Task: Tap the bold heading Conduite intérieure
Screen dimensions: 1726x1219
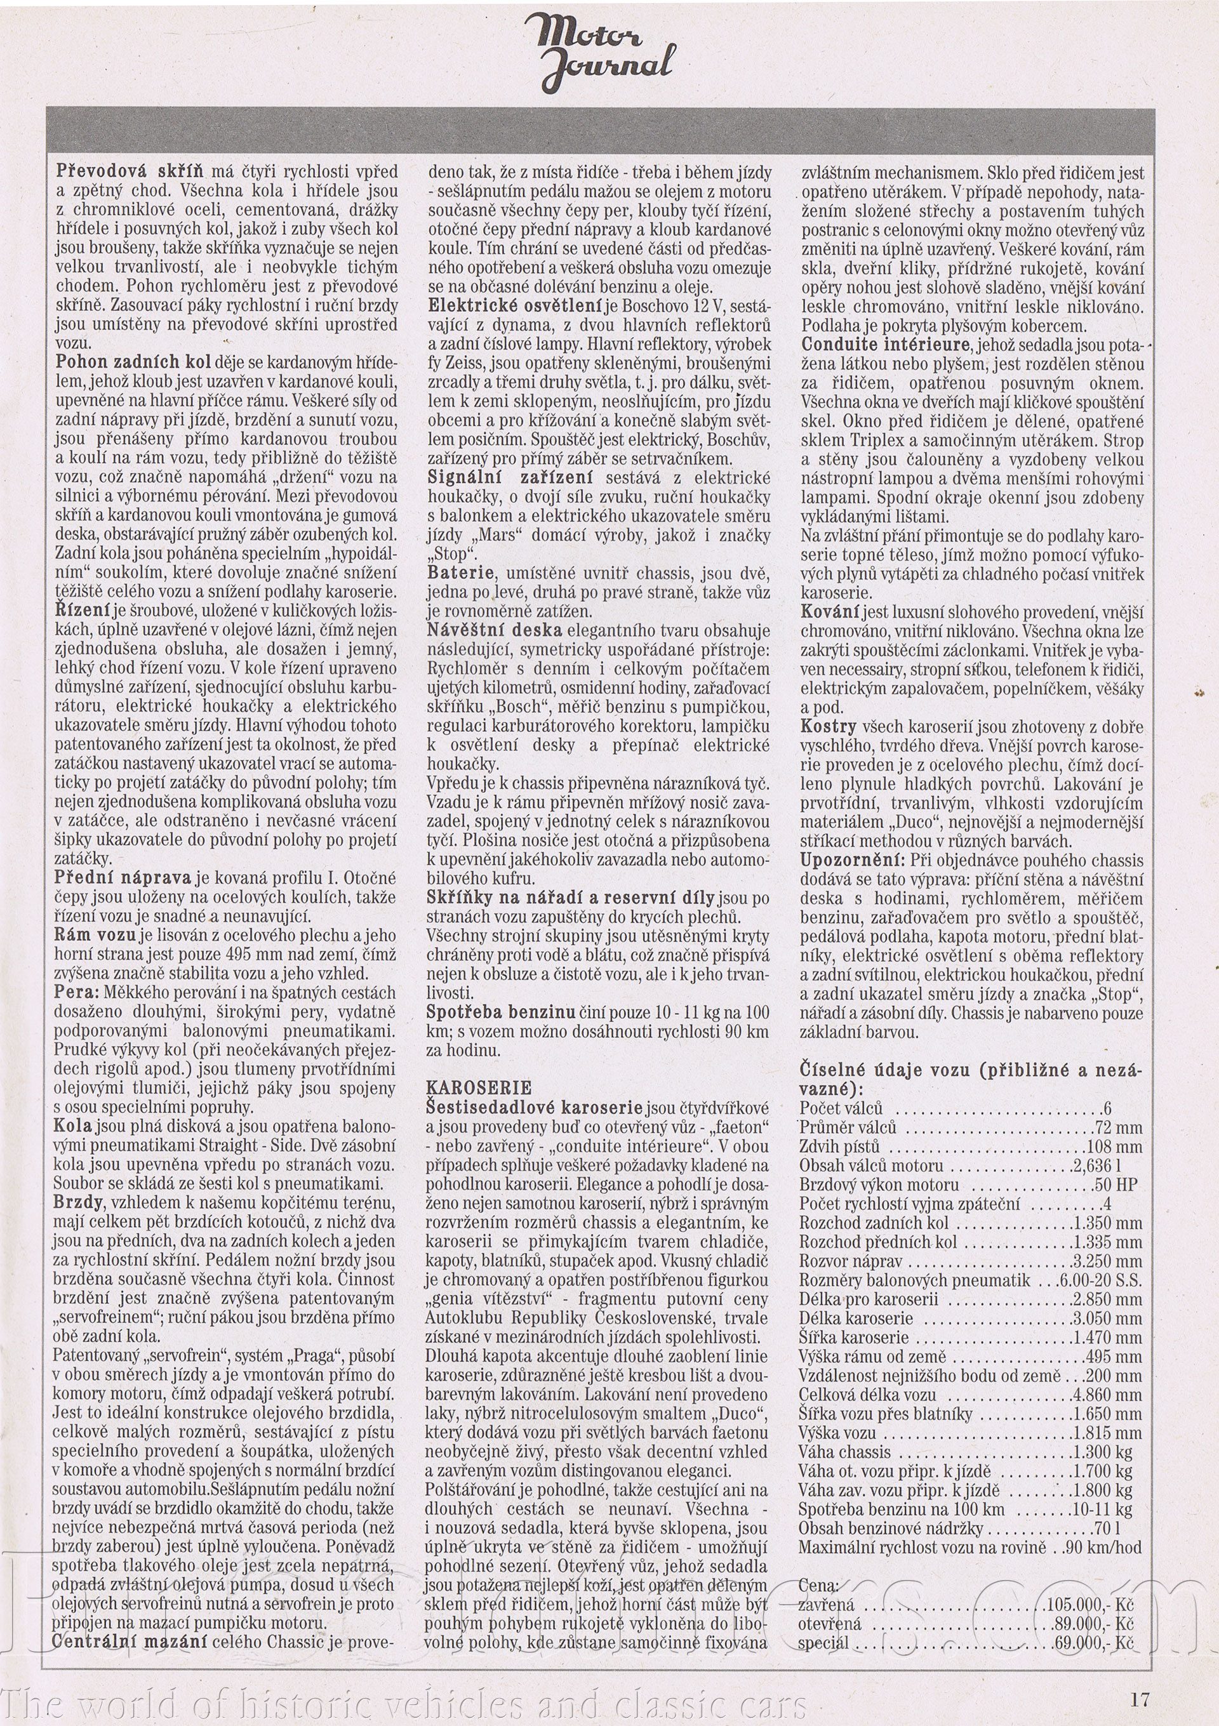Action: [885, 345]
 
